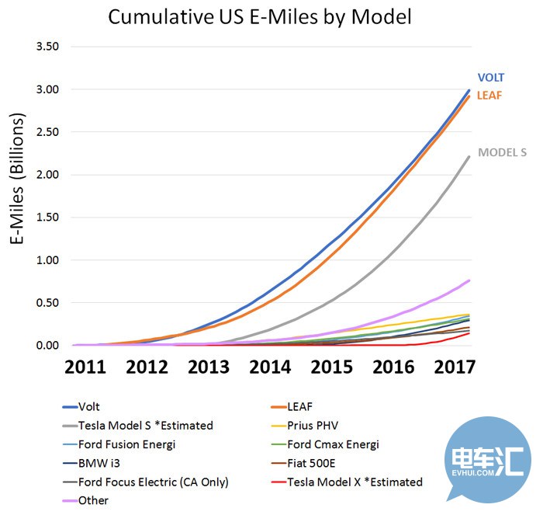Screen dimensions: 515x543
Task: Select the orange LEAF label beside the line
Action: (x=490, y=95)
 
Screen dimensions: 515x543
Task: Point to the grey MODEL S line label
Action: (x=502, y=152)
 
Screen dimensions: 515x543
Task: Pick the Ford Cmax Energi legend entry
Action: (x=333, y=444)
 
